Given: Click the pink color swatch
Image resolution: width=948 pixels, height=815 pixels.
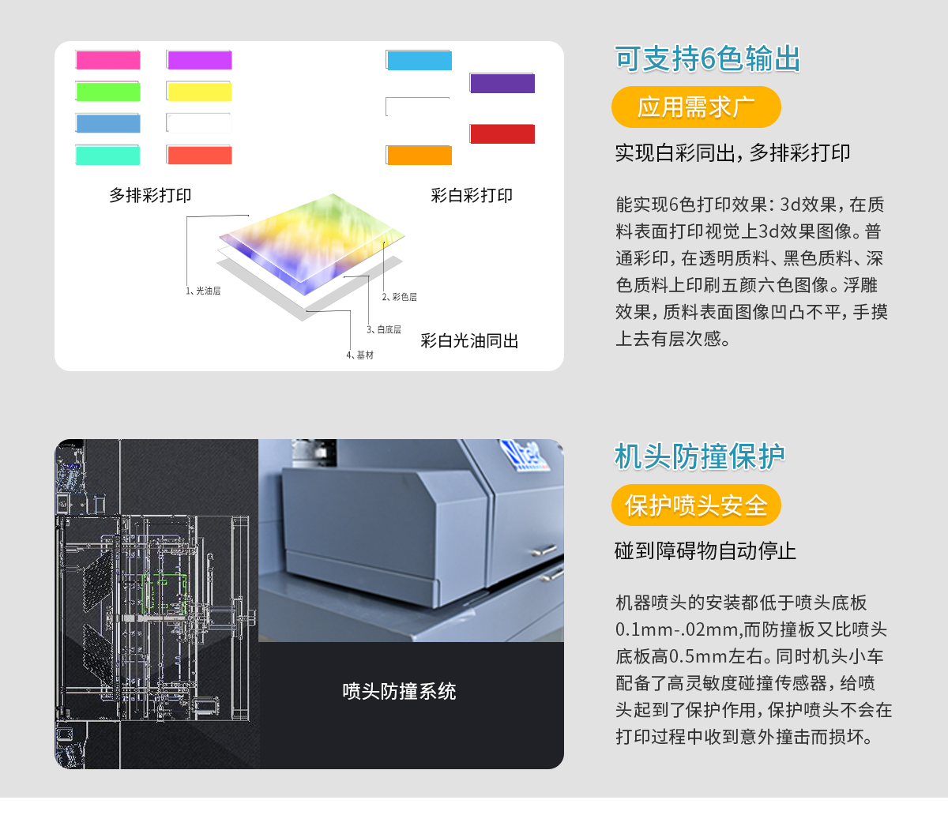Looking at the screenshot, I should (108, 60).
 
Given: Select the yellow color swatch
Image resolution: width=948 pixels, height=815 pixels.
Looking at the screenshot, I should (199, 92).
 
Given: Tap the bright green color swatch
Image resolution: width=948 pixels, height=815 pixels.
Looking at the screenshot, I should (108, 92).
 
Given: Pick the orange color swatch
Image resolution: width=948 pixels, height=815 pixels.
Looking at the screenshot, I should (419, 156).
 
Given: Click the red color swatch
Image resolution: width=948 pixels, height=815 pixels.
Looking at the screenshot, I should (502, 134).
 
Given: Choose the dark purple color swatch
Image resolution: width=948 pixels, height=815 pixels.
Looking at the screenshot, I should (502, 83).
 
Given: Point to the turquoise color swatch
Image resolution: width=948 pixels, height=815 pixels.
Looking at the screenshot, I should (108, 156).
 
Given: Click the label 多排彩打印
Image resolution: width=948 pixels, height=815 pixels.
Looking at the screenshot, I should (150, 195).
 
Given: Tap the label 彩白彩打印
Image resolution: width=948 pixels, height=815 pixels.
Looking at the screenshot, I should (472, 195).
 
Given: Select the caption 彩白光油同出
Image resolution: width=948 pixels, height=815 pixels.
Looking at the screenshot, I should (469, 341).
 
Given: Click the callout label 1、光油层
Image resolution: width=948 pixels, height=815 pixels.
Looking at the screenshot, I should (203, 291).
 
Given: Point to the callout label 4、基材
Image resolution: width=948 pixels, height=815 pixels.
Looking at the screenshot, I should (359, 355).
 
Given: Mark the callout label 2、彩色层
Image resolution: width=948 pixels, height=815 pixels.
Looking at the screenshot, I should (399, 297).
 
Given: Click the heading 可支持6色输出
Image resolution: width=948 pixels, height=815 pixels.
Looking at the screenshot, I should (708, 59).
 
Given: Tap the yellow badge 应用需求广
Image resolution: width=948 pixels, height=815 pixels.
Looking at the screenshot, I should (696, 107).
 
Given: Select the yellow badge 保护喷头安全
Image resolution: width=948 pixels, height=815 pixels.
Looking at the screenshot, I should (696, 505).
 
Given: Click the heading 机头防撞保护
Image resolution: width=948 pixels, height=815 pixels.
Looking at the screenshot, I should (700, 456).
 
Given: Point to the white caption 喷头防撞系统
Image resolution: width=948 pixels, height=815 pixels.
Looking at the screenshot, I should (399, 692).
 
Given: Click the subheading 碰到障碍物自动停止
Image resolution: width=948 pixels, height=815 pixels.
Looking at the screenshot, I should (705, 550).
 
